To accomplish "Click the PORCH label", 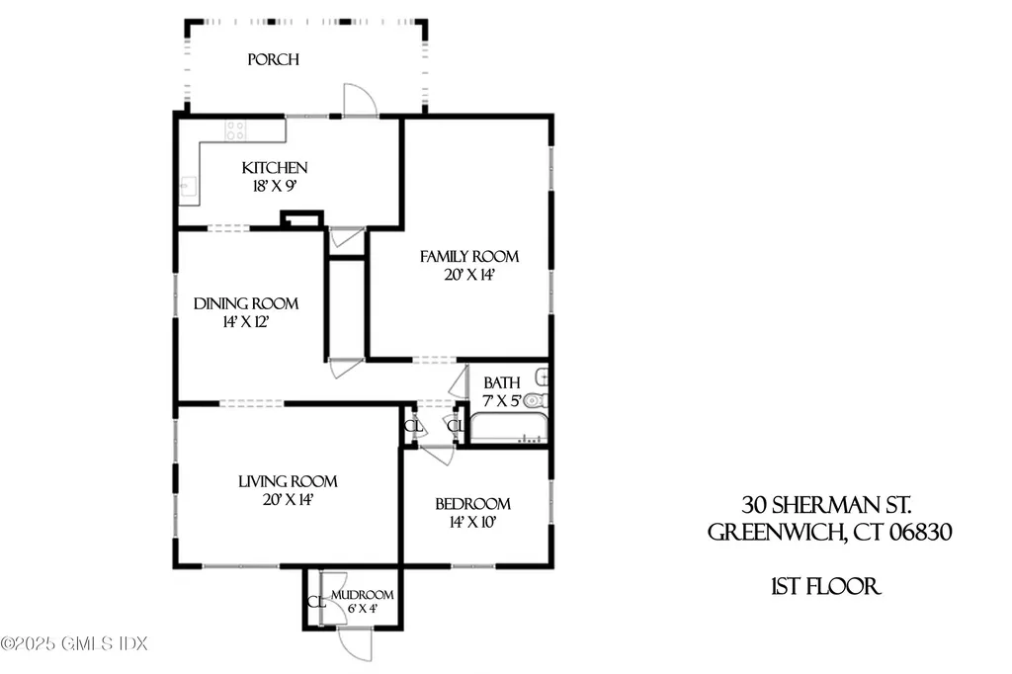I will coord(273,60).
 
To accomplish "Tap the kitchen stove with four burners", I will coord(235,129).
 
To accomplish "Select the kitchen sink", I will coord(188,186).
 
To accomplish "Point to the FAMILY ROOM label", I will coord(469,257).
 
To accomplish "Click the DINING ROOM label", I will coord(246,304).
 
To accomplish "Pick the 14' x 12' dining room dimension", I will coord(246,322).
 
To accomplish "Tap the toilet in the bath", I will coord(534,401).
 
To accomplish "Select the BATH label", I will coord(501,382).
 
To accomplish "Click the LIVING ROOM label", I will coord(288,482).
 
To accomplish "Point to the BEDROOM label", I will coord(473,504).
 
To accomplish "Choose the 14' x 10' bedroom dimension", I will coord(473,522).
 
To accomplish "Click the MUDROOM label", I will coord(363,595).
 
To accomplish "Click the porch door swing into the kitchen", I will coord(358,100).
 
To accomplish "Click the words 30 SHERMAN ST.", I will coord(826,504).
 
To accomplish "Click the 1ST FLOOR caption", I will coord(826,587).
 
